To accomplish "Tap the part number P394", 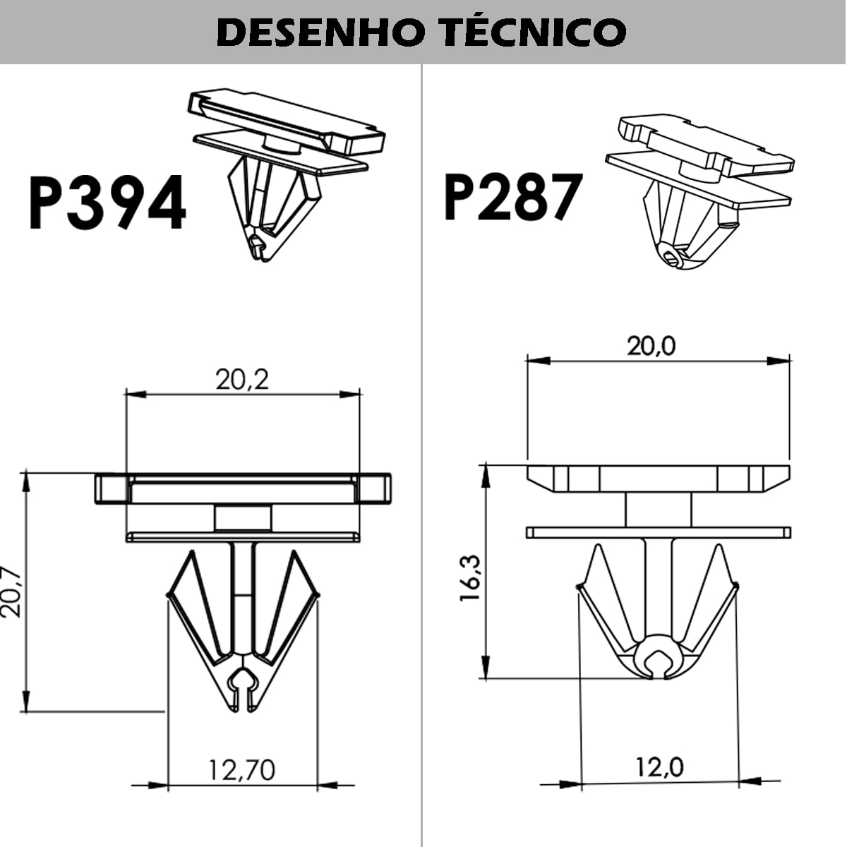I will (107, 203).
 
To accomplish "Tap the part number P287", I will (512, 196).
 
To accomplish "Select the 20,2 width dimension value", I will (242, 380).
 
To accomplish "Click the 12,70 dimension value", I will (242, 769).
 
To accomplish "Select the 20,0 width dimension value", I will (651, 346).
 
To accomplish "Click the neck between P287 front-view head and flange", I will (658, 509).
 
